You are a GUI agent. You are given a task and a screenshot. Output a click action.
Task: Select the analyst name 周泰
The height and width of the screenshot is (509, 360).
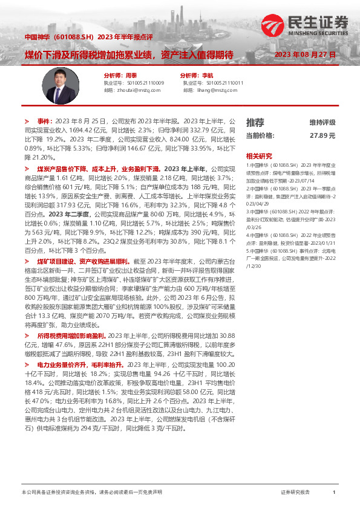pyautogui.click(x=131, y=76)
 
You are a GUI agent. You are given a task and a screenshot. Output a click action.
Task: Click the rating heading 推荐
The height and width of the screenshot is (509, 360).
pyautogui.click(x=255, y=122)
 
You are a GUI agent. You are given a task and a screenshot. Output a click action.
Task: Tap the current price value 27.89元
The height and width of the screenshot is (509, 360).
pyautogui.click(x=322, y=136)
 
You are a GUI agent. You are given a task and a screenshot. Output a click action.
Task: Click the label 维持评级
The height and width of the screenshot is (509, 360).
pyautogui.click(x=322, y=122)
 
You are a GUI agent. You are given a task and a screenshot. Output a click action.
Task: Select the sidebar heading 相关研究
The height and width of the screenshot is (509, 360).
pyautogui.click(x=259, y=155)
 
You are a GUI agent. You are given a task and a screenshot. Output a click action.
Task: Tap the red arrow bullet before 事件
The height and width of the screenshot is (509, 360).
pyautogui.click(x=26, y=121)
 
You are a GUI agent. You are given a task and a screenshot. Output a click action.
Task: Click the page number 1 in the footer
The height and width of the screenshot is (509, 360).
pyautogui.click(x=334, y=493)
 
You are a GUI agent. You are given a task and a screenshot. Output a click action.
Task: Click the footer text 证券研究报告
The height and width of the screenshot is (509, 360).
pyautogui.click(x=295, y=493)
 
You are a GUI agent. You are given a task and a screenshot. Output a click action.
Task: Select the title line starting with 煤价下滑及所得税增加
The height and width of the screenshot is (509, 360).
pyautogui.click(x=128, y=54)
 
